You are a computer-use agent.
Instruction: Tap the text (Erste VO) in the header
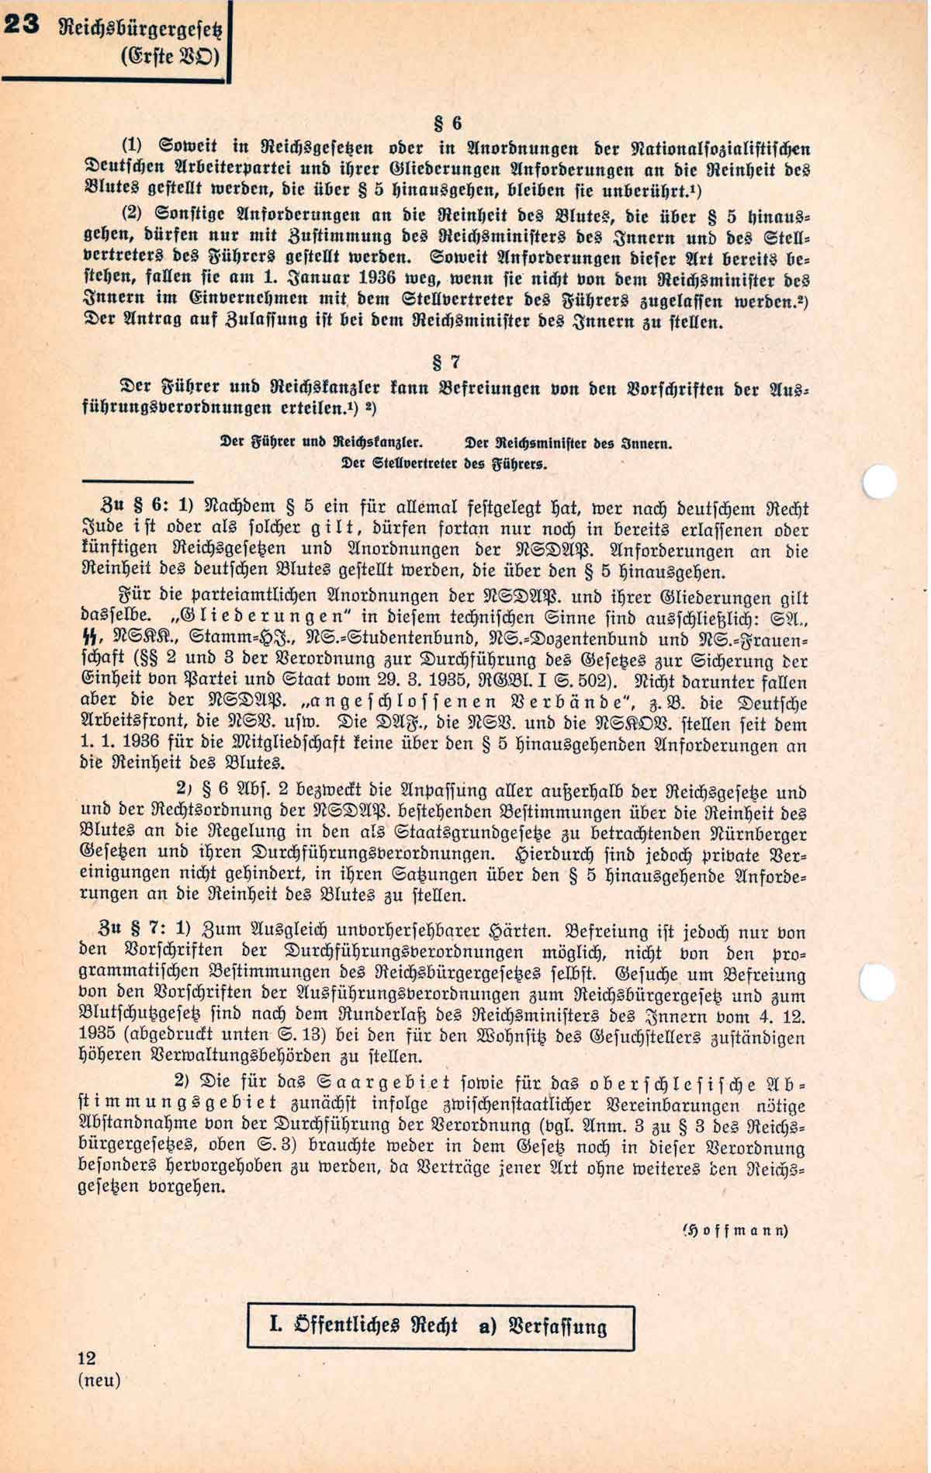pos(171,58)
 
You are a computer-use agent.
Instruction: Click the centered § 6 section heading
pos(448,123)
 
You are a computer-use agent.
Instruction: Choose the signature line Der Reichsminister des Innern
pos(567,444)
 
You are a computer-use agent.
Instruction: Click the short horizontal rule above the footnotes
pos(137,482)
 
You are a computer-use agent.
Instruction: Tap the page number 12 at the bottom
pos(87,1358)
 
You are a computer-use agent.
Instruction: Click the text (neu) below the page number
pos(99,1380)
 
